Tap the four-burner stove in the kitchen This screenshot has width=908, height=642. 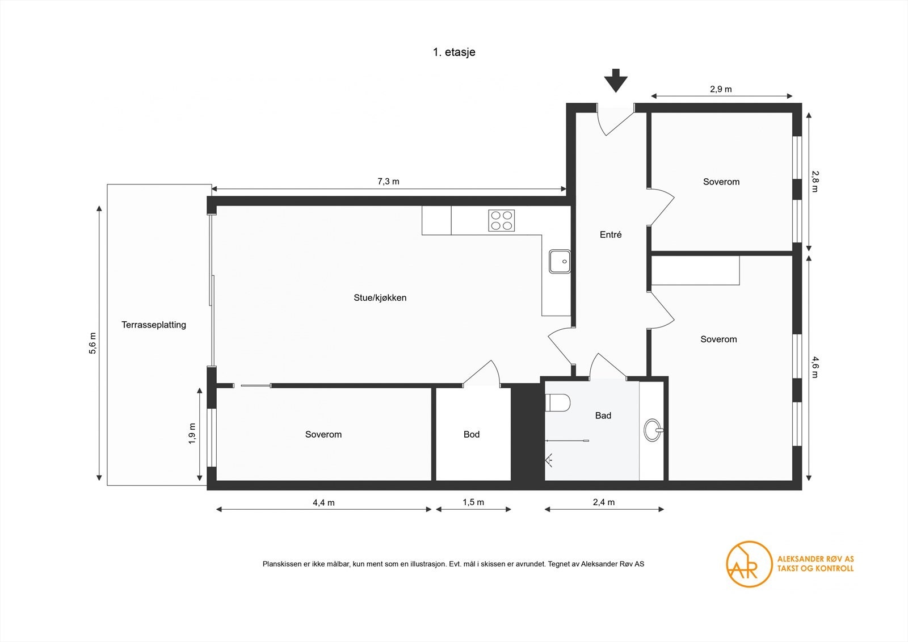(x=502, y=220)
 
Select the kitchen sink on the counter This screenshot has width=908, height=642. (x=560, y=262)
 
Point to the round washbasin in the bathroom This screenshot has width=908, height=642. (x=653, y=430)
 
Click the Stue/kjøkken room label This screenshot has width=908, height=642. (x=380, y=297)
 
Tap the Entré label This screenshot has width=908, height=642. (x=611, y=234)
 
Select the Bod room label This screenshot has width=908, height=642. (x=471, y=434)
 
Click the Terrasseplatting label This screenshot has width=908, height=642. (x=154, y=325)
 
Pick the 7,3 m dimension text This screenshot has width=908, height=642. (x=388, y=182)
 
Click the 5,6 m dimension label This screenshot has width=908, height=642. (x=93, y=343)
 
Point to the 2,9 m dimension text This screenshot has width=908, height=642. (x=721, y=89)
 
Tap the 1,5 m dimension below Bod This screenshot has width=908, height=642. (x=473, y=502)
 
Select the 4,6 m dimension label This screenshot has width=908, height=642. (x=815, y=367)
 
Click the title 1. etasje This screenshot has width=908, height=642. (x=454, y=52)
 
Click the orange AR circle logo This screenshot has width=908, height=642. (x=749, y=564)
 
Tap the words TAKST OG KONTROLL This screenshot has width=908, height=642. (x=815, y=568)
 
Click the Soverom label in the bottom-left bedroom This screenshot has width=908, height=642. (x=323, y=434)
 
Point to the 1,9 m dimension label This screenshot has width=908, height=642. (x=192, y=434)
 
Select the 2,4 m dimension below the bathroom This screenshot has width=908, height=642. (x=604, y=502)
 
